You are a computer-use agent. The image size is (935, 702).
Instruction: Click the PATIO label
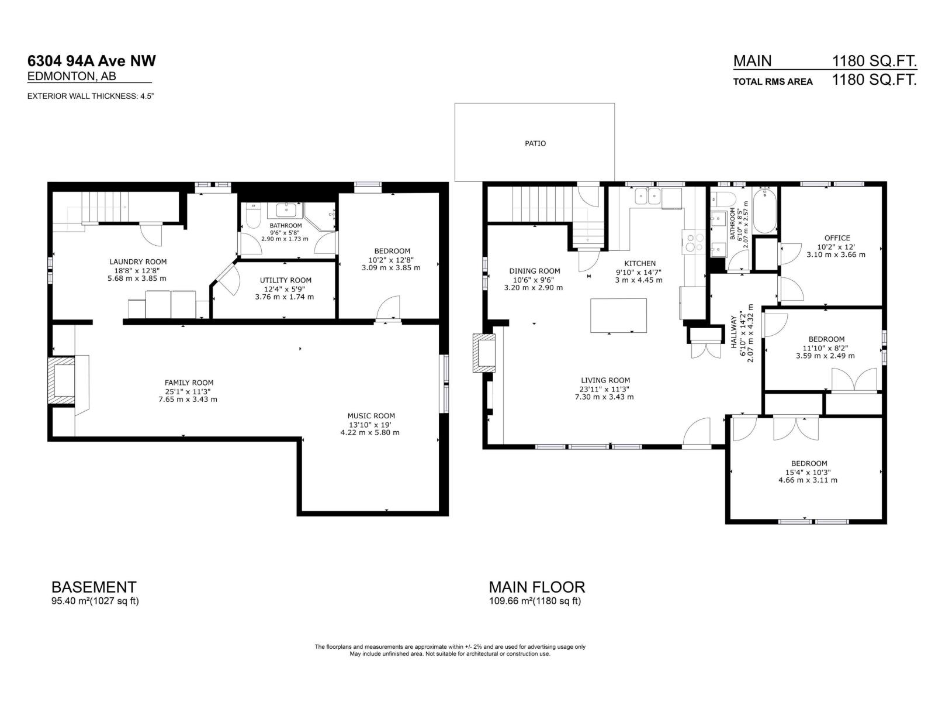pos(535,143)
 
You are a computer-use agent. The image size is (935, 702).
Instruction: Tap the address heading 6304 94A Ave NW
pos(92,61)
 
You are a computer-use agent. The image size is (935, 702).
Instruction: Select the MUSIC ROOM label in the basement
pos(371,416)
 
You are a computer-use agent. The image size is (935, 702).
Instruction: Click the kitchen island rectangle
pos(618,316)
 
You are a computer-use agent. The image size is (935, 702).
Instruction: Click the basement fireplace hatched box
pos(61,380)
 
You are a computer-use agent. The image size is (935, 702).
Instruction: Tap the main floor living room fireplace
pos(484,353)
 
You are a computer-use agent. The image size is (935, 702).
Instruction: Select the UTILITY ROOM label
pos(285,280)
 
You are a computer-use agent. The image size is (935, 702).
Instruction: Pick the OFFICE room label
pos(837,238)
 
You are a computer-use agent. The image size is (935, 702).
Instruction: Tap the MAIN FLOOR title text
pos(536,587)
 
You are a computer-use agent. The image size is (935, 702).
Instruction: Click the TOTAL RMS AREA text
pos(773,82)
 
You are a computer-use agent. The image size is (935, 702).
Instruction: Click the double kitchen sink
pos(647,195)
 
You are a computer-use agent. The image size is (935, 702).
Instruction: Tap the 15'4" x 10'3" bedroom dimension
pos(808,472)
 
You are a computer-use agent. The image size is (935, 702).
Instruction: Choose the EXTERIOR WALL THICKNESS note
pos(91,96)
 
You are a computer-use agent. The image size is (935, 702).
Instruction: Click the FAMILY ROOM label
pos(189,383)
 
